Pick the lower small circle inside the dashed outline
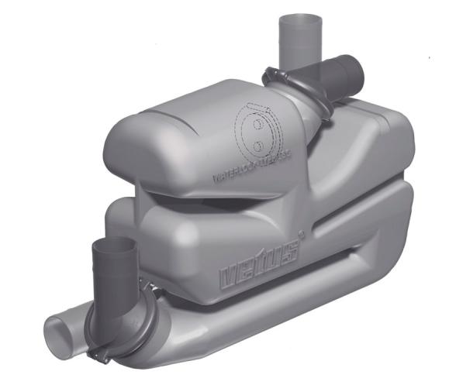pos(256,145)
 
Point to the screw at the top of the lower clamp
pos(147,288)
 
